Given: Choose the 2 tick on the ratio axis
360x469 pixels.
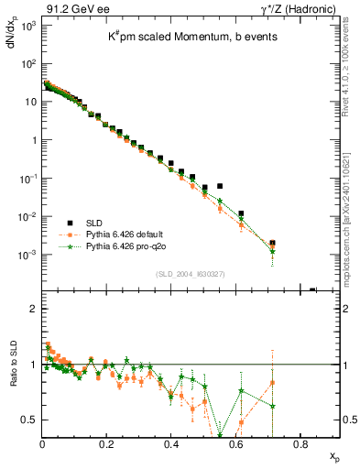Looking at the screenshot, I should [33, 309].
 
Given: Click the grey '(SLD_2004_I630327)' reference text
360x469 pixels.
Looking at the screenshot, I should [191, 274].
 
